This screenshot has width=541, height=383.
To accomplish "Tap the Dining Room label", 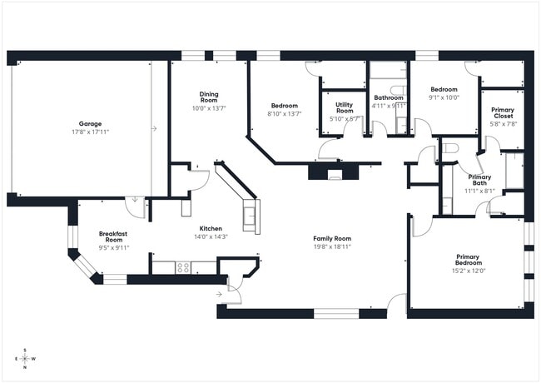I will coord(209,97).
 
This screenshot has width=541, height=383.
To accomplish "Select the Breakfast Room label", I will coord(112,236).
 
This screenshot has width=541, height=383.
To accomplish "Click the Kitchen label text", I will coord(210,228).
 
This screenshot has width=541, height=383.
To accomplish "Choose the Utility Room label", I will coord(345,107).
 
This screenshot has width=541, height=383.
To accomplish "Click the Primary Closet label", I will coord(502,112).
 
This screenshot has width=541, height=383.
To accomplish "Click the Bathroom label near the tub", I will coord(388,97).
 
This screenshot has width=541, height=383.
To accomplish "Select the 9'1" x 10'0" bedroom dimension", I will coord(444,97).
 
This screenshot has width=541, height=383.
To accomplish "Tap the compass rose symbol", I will coord(25,359).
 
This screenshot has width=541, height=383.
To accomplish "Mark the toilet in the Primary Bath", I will coord(450,149).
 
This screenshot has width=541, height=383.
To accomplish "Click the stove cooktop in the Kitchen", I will coord(183,267).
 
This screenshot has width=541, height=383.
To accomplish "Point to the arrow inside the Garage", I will coord(154,128).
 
